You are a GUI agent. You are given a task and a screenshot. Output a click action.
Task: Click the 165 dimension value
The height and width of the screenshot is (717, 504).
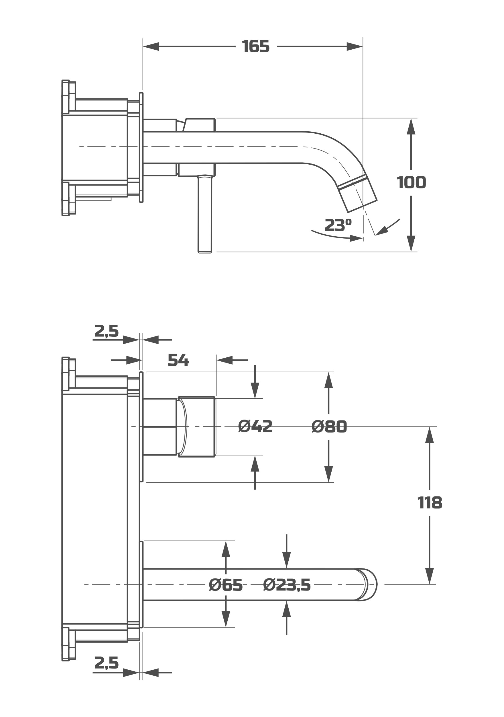pos(255,46)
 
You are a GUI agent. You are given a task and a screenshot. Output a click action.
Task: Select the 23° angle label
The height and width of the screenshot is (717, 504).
pos(338,225)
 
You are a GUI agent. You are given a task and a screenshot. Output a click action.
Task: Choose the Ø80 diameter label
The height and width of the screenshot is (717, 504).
pos(329,426)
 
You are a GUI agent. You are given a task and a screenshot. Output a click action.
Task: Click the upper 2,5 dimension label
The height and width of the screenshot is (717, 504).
pos(106,331)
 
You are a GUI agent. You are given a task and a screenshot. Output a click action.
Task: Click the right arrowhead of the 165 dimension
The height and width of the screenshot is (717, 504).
pos(355,46)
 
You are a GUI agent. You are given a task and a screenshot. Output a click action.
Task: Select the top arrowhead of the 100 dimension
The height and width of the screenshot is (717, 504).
pos(411,126)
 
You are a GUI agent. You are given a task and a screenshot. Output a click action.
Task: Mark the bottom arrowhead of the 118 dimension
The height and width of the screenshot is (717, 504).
pos(430,576)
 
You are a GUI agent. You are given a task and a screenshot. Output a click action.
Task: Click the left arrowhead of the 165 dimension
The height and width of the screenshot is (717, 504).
pos(151,46)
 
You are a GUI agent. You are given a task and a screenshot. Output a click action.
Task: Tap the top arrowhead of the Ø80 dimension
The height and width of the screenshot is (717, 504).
pos(328,380)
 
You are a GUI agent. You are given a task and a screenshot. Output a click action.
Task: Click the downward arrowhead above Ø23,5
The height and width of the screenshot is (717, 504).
pos(286,560)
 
